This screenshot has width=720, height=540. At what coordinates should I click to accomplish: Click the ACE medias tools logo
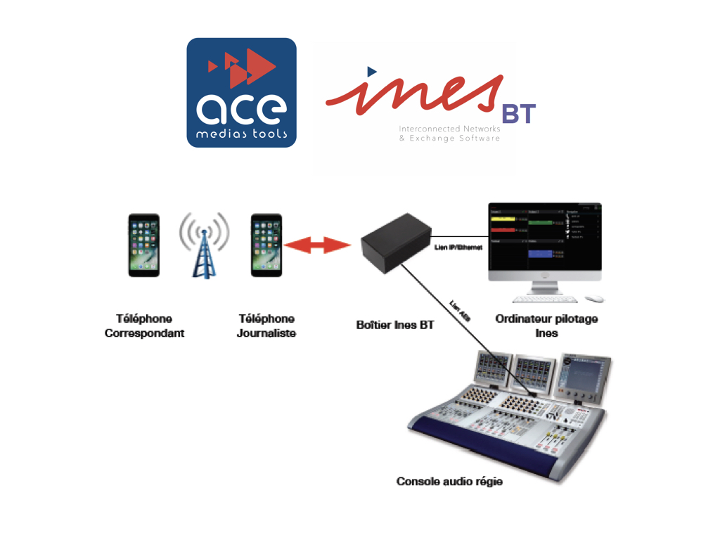click(241, 92)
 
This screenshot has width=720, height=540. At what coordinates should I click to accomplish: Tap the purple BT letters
click(519, 114)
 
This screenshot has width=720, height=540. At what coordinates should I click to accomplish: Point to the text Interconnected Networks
click(449, 129)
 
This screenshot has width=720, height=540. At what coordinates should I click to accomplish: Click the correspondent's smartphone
click(143, 245)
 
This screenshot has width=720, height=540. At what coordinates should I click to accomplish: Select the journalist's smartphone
click(266, 245)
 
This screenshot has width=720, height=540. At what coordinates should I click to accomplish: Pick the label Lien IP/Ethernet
click(458, 247)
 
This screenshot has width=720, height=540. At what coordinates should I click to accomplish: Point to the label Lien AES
click(460, 311)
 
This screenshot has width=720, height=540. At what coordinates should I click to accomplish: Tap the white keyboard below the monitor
click(545, 299)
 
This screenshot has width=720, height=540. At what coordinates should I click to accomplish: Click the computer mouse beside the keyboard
click(595, 299)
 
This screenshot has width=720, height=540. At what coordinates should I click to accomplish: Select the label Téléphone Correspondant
click(144, 326)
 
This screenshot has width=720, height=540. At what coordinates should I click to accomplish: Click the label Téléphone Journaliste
click(266, 326)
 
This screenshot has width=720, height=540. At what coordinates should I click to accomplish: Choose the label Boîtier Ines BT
click(394, 326)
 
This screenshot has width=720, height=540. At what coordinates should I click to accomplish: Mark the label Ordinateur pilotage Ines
click(546, 326)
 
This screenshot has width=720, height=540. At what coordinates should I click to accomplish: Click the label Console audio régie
click(449, 482)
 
